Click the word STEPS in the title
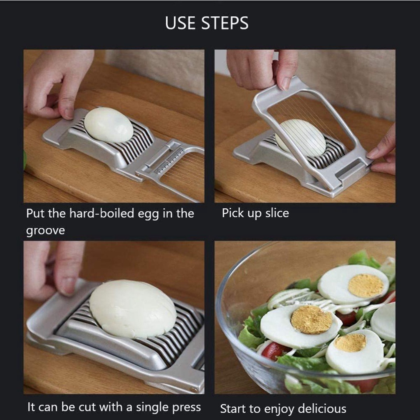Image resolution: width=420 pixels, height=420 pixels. (225, 23)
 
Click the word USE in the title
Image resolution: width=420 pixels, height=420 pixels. (180, 23)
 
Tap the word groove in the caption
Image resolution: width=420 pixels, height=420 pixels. (46, 231)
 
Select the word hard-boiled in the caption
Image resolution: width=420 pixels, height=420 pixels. (102, 213)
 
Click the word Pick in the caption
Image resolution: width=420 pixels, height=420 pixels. (232, 213)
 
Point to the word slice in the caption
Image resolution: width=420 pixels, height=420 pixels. (277, 213)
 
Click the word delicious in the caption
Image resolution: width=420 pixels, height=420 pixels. (322, 409)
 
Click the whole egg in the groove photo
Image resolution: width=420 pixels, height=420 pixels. (109, 125)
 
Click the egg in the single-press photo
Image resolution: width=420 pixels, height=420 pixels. (133, 309)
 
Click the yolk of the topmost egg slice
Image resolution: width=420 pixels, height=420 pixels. (366, 286)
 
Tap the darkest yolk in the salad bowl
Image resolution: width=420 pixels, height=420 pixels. (312, 320)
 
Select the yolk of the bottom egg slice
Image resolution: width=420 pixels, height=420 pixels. (350, 342)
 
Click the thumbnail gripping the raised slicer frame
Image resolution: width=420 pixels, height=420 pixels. (285, 83)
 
